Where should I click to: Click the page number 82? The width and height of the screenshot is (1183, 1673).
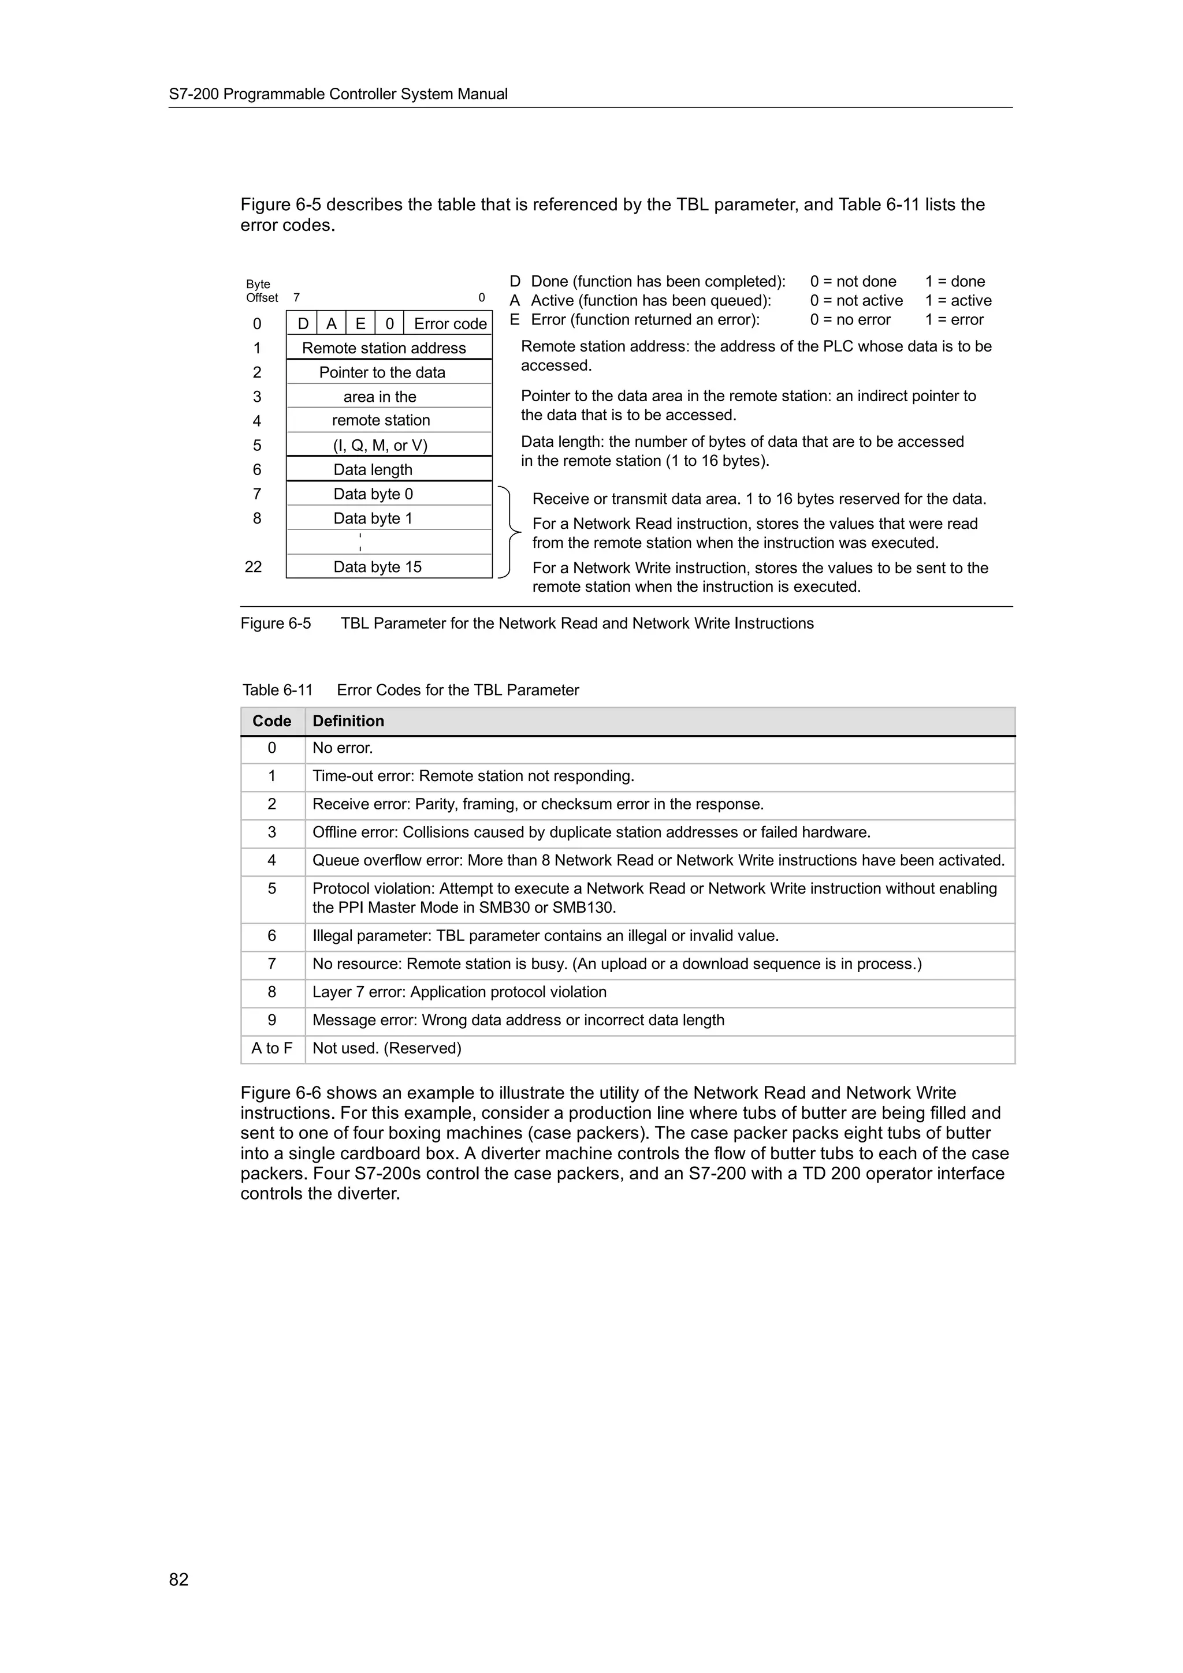(178, 1579)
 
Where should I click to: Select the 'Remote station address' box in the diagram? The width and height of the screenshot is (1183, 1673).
(384, 348)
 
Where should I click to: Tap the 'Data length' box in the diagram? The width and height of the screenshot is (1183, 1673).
(373, 470)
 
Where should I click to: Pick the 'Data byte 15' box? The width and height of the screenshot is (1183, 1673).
(378, 567)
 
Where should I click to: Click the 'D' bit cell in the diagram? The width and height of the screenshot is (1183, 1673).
(303, 323)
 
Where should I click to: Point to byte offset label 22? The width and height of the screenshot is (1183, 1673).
(253, 567)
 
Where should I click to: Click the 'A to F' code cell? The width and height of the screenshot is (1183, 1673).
(272, 1048)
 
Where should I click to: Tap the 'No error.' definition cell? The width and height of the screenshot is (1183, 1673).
(343, 748)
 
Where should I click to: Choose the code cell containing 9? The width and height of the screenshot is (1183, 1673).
(272, 1020)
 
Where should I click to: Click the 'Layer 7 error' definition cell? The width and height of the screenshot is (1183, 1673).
(459, 992)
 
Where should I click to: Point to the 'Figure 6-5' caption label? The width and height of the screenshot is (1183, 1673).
(276, 623)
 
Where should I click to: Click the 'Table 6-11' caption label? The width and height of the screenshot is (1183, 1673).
(278, 690)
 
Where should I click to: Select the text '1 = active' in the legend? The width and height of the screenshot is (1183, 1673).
(958, 301)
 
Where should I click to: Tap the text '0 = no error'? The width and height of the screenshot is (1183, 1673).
(850, 320)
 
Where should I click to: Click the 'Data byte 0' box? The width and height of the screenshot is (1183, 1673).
(373, 494)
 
